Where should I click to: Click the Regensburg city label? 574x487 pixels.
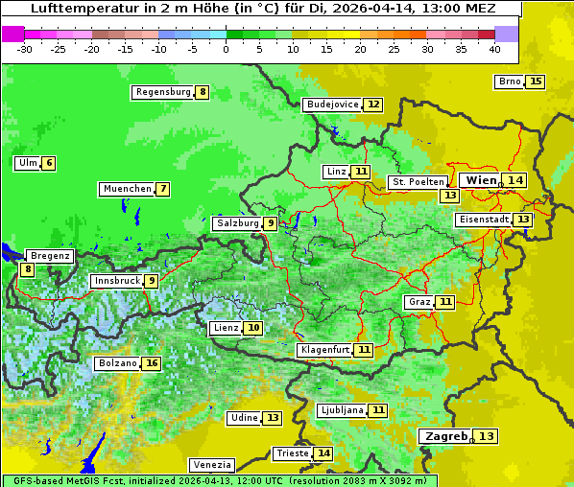point(162,92)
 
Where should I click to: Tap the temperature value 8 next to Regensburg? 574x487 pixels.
point(203,92)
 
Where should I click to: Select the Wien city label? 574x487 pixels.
point(482,180)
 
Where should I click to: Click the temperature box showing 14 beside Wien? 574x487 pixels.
point(516,180)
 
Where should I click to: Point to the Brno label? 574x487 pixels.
point(509,81)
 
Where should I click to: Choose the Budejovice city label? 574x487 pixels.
point(332,104)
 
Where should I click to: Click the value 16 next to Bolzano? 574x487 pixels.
point(152,363)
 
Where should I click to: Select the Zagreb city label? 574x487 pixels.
point(443,436)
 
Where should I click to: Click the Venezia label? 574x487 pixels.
point(211,464)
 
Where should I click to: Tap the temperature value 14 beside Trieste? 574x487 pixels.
point(324,453)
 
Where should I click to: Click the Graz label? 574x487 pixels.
point(419,302)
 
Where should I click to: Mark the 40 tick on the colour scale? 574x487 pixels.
point(494,48)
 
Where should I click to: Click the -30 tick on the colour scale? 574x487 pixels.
point(25,48)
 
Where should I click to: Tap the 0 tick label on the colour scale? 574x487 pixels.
point(227,48)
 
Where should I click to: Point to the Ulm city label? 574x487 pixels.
point(27,163)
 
